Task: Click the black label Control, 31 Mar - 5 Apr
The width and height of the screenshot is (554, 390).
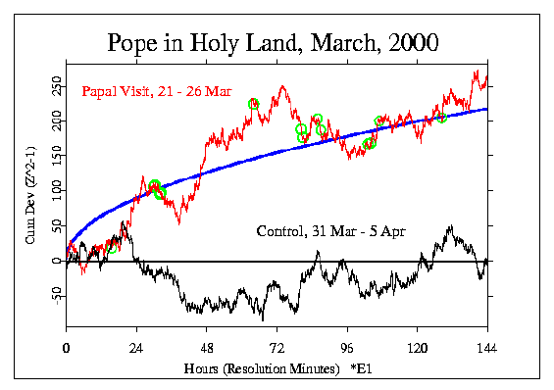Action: pyautogui.click(x=331, y=232)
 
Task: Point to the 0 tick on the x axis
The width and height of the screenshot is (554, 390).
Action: pyautogui.click(x=66, y=348)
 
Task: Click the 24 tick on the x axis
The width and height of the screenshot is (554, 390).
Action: pyautogui.click(x=136, y=348)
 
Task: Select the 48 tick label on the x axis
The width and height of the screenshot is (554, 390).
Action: pyautogui.click(x=207, y=348)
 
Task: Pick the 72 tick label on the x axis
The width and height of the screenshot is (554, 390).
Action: pyautogui.click(x=277, y=348)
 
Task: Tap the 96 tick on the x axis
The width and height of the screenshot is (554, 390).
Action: pyautogui.click(x=347, y=348)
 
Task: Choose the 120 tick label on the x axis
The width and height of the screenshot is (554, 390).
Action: pyautogui.click(x=418, y=348)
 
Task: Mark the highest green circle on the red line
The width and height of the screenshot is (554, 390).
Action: pyautogui.click(x=254, y=104)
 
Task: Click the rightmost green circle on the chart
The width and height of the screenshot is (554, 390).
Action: pyautogui.click(x=441, y=118)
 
